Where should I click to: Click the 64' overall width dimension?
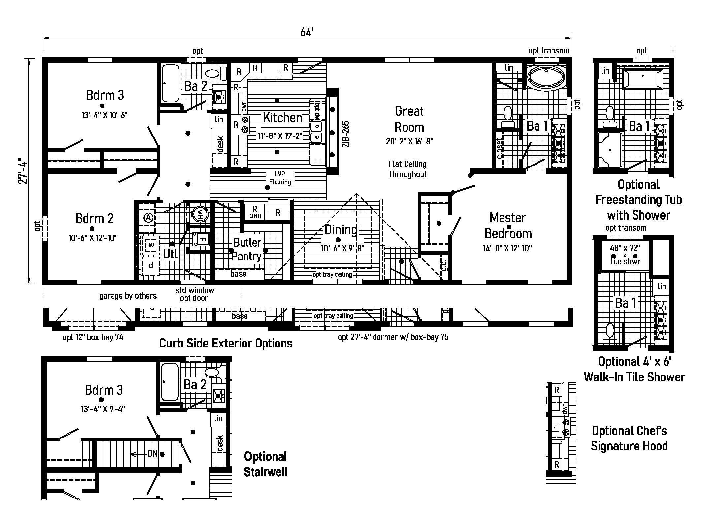[x=307, y=32]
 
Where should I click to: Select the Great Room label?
[x=409, y=119]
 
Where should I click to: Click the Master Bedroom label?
[x=508, y=226]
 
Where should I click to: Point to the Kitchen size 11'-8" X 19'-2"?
[x=280, y=136]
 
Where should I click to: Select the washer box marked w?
[x=151, y=245]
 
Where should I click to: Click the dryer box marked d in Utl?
[x=151, y=265]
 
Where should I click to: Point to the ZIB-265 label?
[x=345, y=134]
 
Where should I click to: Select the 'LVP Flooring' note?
[x=280, y=178]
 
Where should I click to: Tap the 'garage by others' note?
[x=128, y=296]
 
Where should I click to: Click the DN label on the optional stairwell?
[x=152, y=454]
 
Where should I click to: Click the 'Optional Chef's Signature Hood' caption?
[x=629, y=438]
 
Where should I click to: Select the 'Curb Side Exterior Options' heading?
[x=226, y=344]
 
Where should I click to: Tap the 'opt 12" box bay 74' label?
[x=93, y=337]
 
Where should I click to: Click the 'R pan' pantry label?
[x=255, y=212]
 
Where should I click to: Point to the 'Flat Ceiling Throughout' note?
[x=407, y=169]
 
